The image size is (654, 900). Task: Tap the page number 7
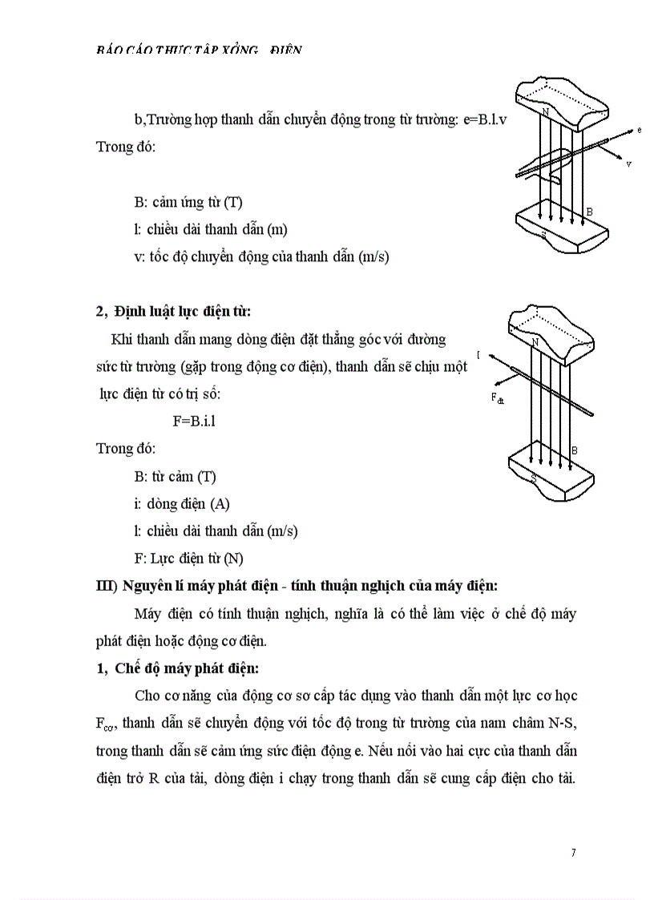click(x=573, y=852)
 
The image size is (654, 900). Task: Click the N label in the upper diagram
click(x=545, y=111)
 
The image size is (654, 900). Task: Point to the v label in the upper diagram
click(x=628, y=164)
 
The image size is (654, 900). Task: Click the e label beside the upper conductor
click(x=639, y=129)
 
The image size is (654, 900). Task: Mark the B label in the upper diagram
click(x=589, y=212)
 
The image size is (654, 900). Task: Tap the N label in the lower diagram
click(x=535, y=342)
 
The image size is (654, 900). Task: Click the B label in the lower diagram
click(x=575, y=451)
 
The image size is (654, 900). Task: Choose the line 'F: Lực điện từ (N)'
click(x=188, y=558)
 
